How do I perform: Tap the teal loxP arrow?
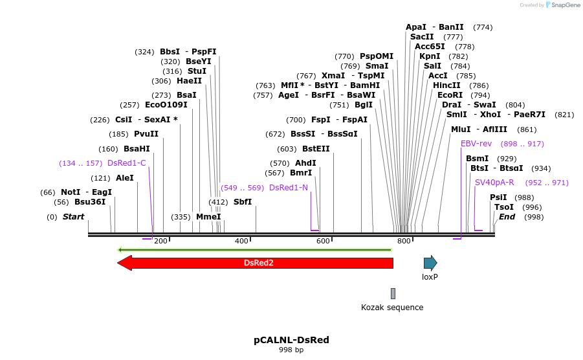tap(430, 262)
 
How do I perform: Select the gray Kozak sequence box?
tap(393, 293)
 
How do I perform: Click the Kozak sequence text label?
tap(392, 308)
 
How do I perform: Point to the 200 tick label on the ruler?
tap(161, 241)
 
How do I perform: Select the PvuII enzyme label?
tap(146, 134)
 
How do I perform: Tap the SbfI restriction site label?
tap(243, 202)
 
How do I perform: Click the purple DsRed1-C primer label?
tap(127, 163)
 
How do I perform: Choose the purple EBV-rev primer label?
tap(477, 144)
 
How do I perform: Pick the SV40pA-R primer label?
tap(494, 183)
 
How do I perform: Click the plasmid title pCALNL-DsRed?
tap(287, 339)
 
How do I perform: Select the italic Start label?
tap(73, 217)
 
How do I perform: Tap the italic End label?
tap(507, 217)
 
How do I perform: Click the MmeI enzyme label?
tap(208, 217)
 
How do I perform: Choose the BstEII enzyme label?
tap(316, 149)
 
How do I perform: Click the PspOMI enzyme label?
tap(377, 56)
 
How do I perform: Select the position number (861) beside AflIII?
tap(527, 129)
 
